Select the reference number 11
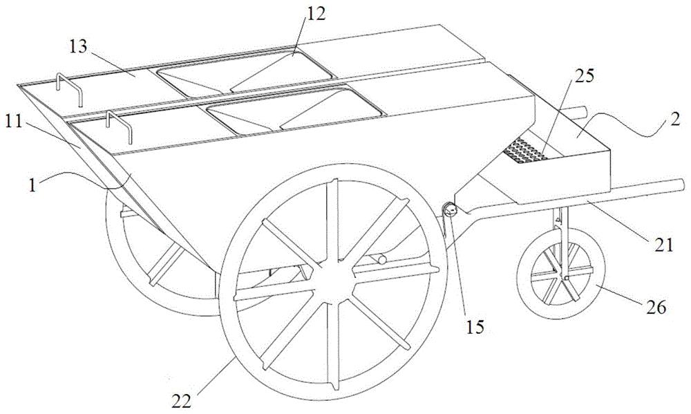[x=14, y=122]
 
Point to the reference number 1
[x=32, y=185]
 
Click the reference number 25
[x=584, y=77]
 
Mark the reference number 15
[x=475, y=327]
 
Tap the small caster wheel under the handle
[x=560, y=274]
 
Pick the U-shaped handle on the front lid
[x=119, y=126]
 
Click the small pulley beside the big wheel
[x=450, y=211]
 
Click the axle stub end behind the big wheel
[x=381, y=260]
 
